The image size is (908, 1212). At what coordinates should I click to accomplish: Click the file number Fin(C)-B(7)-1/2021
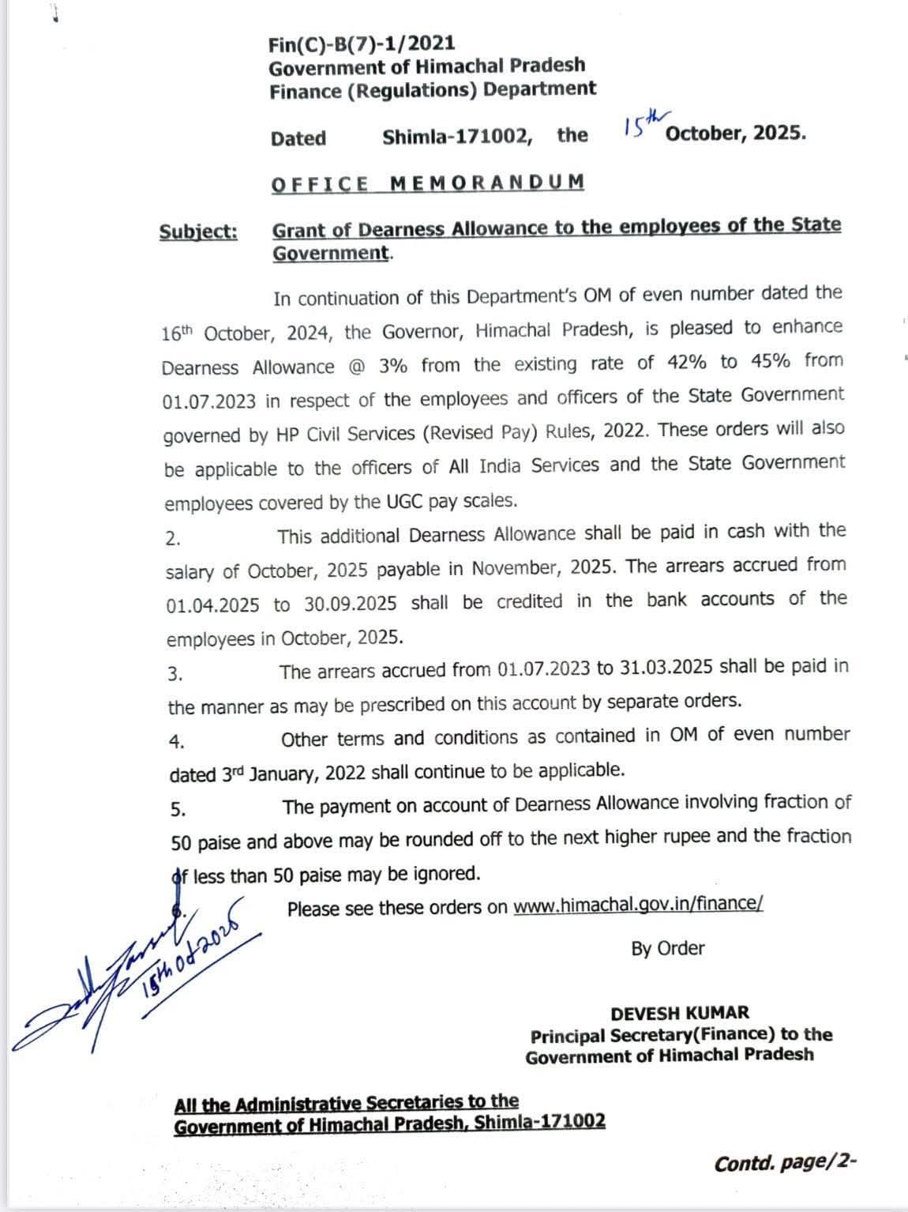coord(361,43)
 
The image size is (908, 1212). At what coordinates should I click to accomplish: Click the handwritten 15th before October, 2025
coord(640,122)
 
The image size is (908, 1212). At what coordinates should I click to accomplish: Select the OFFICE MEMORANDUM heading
coord(427,183)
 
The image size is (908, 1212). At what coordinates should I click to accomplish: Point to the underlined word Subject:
coord(198,231)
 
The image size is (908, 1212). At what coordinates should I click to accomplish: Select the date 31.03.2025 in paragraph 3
coord(666,668)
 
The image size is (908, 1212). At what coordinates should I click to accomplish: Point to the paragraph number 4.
coord(177,742)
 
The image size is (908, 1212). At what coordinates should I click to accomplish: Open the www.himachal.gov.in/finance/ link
coord(638,905)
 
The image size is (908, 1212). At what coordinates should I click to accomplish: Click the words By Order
coord(667,948)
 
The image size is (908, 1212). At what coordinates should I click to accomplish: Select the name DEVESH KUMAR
coord(680,1013)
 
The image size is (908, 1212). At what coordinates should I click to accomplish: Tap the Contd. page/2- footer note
coord(785,1163)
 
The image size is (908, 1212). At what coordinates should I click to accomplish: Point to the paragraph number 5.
coord(178,810)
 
